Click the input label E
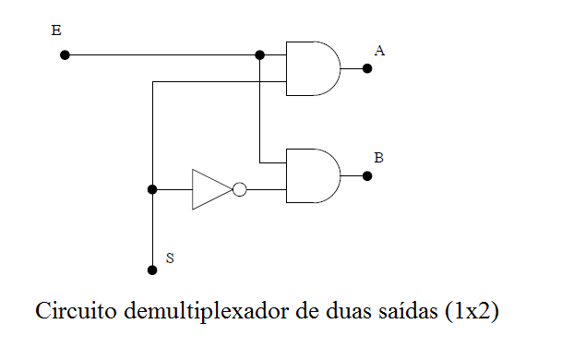pyautogui.click(x=56, y=31)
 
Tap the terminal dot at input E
pyautogui.click(x=65, y=54)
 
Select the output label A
pyautogui.click(x=379, y=50)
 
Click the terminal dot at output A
pyautogui.click(x=367, y=68)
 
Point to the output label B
pyautogui.click(x=378, y=157)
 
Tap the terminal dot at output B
pyautogui.click(x=367, y=175)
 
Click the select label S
pyautogui.click(x=169, y=258)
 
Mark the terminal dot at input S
pyautogui.click(x=152, y=270)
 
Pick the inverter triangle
pyautogui.click(x=209, y=189)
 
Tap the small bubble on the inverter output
pyautogui.click(x=240, y=189)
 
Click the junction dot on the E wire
pyautogui.click(x=260, y=54)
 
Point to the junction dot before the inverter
pyautogui.click(x=152, y=189)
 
